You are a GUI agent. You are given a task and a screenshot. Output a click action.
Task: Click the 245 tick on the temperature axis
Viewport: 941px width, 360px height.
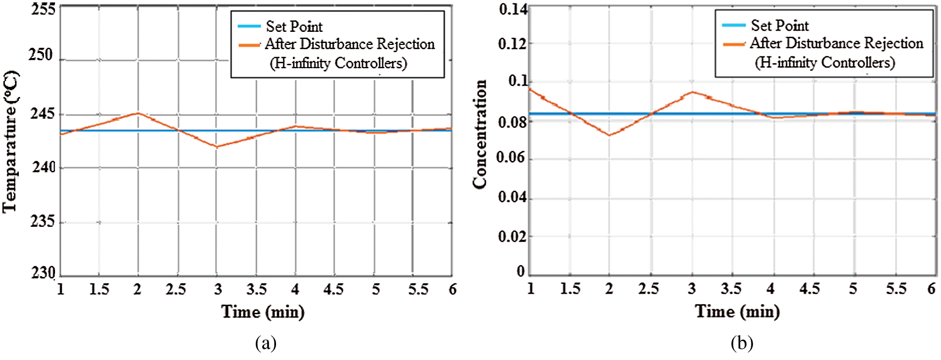tap(42, 114)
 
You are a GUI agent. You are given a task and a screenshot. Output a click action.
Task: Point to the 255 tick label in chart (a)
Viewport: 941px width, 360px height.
tap(43, 9)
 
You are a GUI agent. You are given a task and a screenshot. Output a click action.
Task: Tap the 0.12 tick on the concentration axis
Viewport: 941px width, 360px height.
tap(512, 44)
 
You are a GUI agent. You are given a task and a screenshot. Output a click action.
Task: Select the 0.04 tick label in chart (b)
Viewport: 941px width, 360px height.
tap(512, 197)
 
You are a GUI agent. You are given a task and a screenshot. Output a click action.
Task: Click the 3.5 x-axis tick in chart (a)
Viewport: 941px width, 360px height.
tap(256, 290)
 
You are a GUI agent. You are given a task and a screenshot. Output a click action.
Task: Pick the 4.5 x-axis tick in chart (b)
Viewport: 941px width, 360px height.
tap(809, 289)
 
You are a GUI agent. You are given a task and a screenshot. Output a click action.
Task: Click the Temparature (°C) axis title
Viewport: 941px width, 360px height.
tap(11, 142)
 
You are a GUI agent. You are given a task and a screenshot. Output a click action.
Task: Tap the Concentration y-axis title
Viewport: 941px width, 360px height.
tap(480, 134)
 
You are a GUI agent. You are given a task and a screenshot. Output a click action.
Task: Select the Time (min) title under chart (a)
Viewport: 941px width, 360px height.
tap(263, 312)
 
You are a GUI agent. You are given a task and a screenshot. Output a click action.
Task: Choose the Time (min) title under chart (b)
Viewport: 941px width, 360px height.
tap(737, 311)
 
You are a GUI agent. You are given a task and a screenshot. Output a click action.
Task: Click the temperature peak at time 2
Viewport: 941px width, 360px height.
tap(138, 113)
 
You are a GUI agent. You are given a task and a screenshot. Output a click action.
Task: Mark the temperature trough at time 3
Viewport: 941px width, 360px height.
tap(217, 147)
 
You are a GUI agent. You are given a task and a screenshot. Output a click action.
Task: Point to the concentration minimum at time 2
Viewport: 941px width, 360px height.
tap(609, 135)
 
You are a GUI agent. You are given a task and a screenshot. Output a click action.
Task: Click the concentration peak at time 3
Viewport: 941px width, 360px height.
tap(692, 92)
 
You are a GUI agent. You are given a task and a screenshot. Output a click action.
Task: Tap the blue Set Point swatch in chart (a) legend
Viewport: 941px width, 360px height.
tap(249, 27)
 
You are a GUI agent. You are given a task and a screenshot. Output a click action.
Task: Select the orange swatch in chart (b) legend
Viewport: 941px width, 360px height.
tap(733, 44)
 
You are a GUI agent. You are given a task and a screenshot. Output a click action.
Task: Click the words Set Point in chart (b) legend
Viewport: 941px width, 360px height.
tap(779, 26)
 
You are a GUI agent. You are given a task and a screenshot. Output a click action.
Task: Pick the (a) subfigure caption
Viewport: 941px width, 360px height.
tap(265, 343)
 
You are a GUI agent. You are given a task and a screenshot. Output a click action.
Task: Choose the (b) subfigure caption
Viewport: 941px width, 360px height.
tap(742, 343)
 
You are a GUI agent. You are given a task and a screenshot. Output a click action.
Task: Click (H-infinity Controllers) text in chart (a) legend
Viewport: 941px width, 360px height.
tap(338, 63)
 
